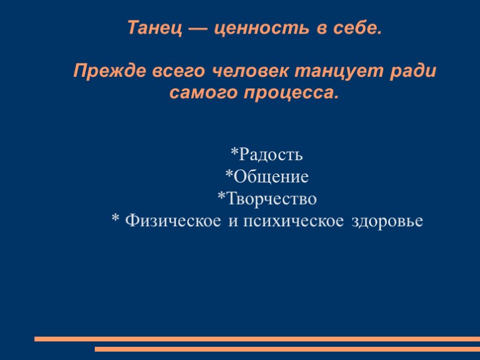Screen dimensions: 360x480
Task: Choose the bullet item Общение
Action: [271, 177]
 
